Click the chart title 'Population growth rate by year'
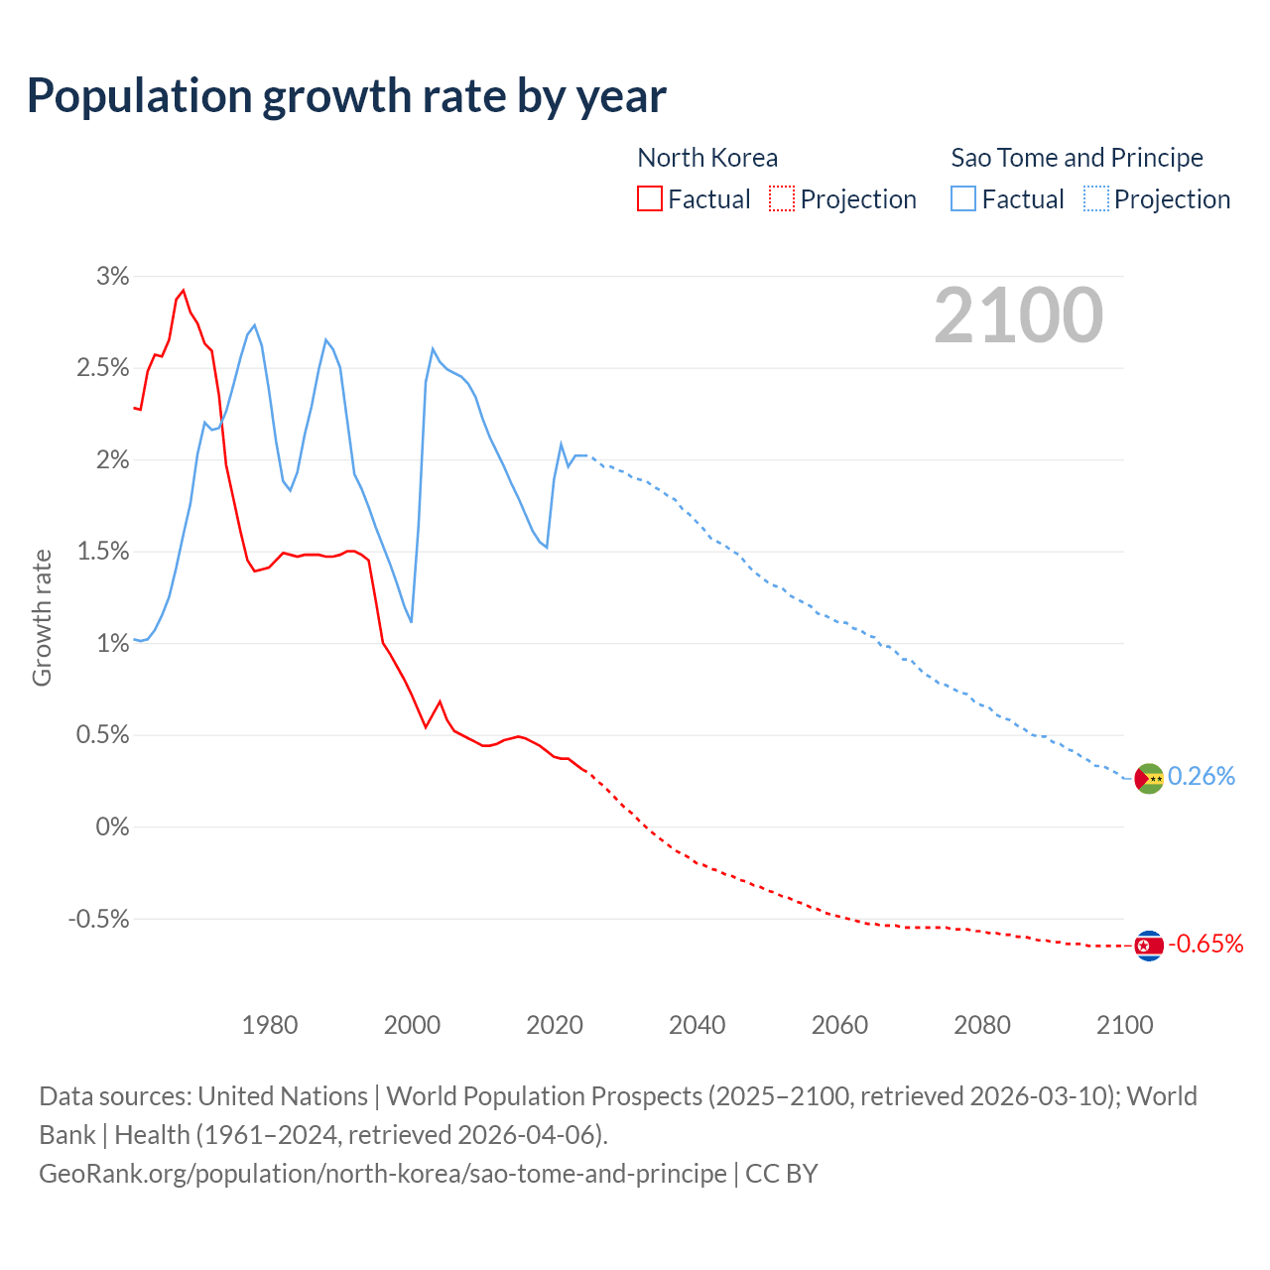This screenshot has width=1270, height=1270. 346,96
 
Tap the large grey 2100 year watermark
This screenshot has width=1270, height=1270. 1018,316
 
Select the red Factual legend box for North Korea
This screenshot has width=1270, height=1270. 649,199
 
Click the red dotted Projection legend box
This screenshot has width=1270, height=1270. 782,199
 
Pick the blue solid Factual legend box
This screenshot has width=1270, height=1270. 963,199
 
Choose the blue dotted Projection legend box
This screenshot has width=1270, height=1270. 1096,199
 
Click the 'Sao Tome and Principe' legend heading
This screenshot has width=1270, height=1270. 1077,158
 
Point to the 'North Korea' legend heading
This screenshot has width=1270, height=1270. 707,158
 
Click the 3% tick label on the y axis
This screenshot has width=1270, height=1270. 113,277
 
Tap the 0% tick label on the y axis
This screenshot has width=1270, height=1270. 113,826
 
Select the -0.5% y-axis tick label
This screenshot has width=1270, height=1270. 99,919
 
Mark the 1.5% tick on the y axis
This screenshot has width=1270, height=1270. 103,552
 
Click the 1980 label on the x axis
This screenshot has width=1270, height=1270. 270,1025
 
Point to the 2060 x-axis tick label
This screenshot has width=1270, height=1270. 839,1025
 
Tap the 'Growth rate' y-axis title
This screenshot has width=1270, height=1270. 42,617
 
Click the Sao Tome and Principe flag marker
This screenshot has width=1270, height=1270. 1148,779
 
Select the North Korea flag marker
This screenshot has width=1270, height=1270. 1148,947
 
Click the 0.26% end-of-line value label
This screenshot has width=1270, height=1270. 1202,776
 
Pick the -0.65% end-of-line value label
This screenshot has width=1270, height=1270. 1206,944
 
